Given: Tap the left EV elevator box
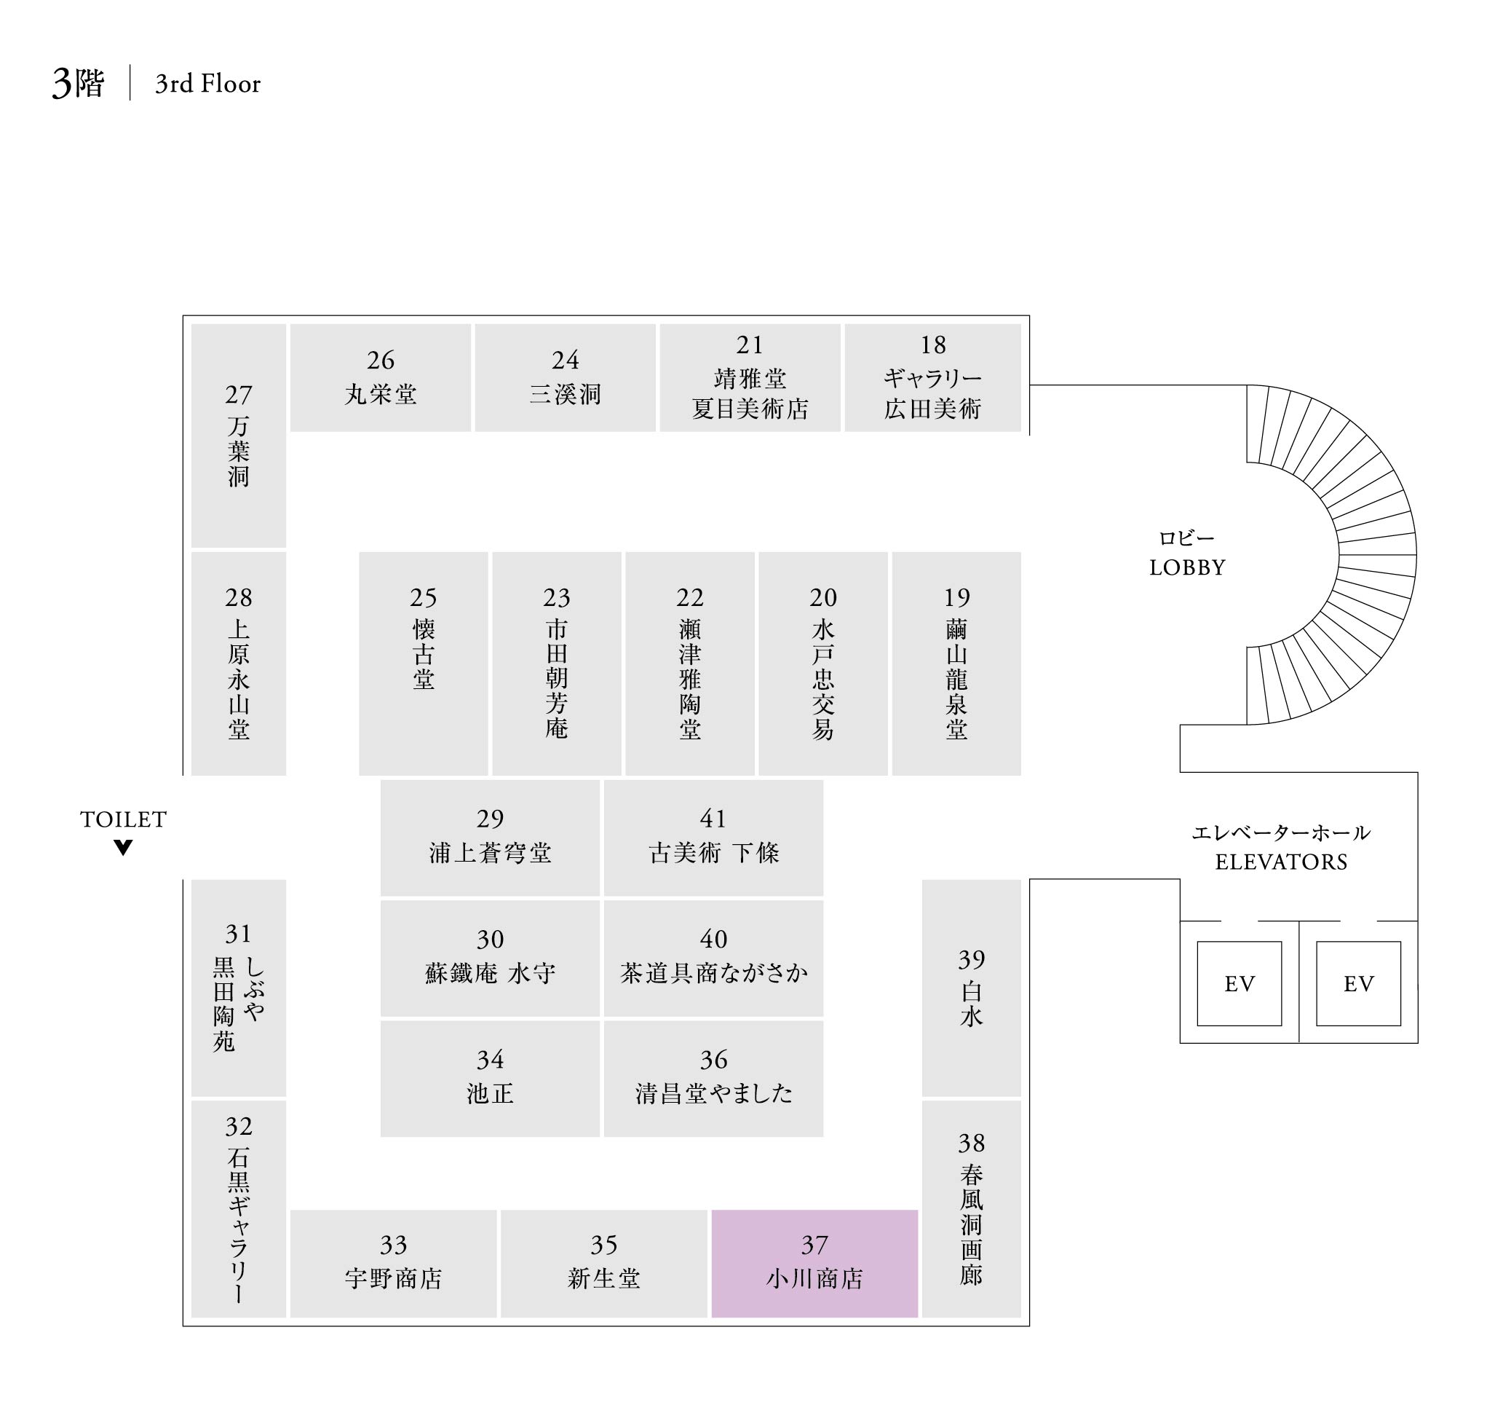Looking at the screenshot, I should coord(1239,983).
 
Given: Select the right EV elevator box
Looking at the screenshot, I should coord(1358,983).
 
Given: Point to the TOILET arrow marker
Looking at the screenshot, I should coord(124,847).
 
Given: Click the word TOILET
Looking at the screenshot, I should coord(124,819).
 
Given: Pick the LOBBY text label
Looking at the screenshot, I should coord(1187,567).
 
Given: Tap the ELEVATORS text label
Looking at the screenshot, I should coord(1281,862).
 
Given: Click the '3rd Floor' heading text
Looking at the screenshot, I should coord(207,84).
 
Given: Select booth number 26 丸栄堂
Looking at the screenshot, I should coord(380,377).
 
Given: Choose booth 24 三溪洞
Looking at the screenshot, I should coord(565,377).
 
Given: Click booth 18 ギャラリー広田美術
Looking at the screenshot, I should coord(932,377).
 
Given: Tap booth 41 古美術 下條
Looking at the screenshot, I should coord(713,838).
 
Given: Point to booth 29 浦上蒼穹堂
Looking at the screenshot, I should coord(490,838).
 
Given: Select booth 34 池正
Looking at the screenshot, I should coord(490,1078).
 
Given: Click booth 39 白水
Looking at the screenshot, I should coord(971,988).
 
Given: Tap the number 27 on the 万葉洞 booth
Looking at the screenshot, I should coord(239,395).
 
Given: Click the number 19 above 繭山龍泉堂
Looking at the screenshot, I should coord(957,597).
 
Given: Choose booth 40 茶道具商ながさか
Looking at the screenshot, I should coord(713,958).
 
